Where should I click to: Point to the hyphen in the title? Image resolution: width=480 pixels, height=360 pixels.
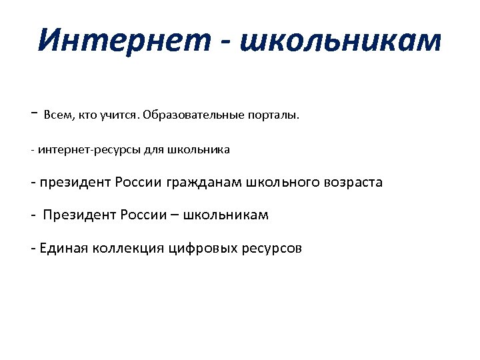[x=229, y=41]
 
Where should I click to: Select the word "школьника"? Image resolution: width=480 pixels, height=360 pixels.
[x=200, y=149]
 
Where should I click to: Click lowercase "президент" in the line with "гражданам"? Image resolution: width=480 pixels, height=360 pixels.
[x=75, y=182]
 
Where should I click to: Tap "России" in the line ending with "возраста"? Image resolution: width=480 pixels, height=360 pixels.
[x=136, y=182]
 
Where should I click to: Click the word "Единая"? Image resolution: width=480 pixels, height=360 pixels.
[x=61, y=248]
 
